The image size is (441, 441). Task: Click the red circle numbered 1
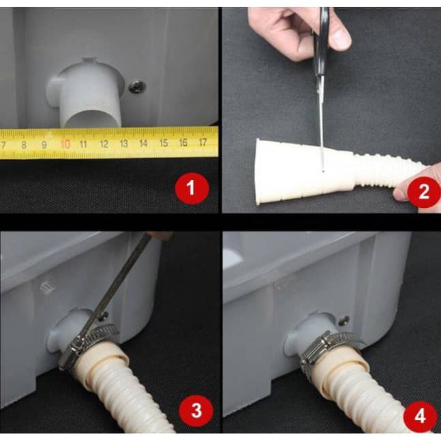point(192,188)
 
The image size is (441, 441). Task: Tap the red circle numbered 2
point(424,192)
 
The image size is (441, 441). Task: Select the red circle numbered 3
point(196,410)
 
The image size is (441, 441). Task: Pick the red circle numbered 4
point(420,416)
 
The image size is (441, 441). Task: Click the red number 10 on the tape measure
point(65,144)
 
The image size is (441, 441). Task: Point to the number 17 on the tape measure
point(202,142)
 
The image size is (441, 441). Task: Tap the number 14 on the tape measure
point(143,143)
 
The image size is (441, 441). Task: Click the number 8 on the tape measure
point(24,145)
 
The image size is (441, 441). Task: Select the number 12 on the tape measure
point(104,144)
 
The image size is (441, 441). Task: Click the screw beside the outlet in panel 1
point(137,87)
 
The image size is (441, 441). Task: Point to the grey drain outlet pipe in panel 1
point(87,94)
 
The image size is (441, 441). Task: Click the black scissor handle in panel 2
point(321,42)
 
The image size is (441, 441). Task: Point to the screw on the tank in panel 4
point(344,320)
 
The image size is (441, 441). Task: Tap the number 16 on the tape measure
point(183,142)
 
